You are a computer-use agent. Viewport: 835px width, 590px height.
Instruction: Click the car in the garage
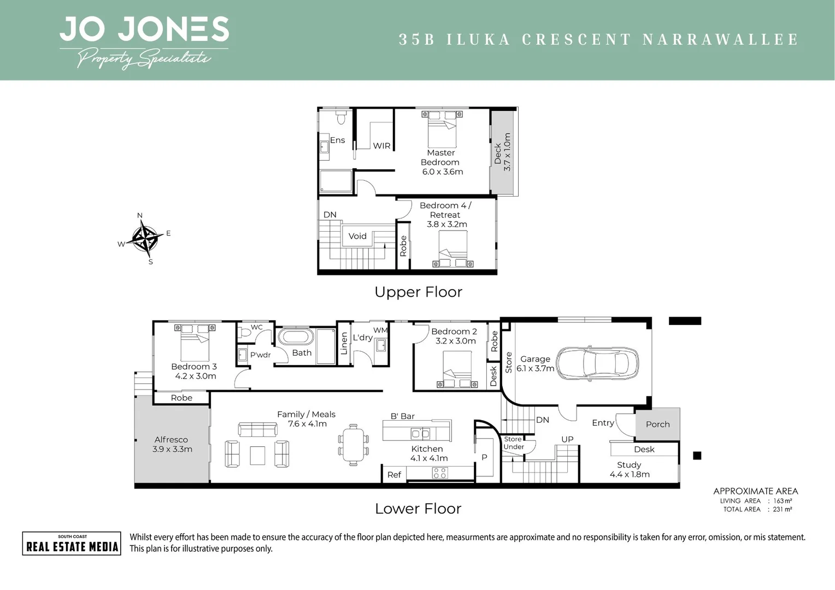597,363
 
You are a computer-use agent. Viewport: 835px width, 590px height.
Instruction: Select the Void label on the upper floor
357,236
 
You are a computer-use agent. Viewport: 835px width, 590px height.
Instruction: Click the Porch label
658,424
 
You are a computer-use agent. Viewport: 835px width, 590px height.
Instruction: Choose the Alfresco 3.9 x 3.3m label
172,444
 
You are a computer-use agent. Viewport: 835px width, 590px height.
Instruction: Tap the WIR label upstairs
382,146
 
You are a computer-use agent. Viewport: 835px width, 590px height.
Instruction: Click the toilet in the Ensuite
340,117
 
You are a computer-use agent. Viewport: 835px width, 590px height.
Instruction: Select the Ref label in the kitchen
394,475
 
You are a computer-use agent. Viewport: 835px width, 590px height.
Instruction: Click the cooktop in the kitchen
440,473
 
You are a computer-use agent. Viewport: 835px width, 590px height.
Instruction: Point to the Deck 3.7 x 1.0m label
502,152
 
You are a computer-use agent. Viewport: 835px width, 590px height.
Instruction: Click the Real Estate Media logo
72,544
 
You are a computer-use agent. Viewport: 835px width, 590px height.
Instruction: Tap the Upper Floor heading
418,292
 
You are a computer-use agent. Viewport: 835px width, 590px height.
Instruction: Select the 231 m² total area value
782,509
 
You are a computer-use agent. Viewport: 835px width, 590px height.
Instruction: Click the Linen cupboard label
344,343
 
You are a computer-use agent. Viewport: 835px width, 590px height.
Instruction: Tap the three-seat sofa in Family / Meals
257,430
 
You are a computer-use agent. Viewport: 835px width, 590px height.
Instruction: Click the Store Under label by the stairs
513,443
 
